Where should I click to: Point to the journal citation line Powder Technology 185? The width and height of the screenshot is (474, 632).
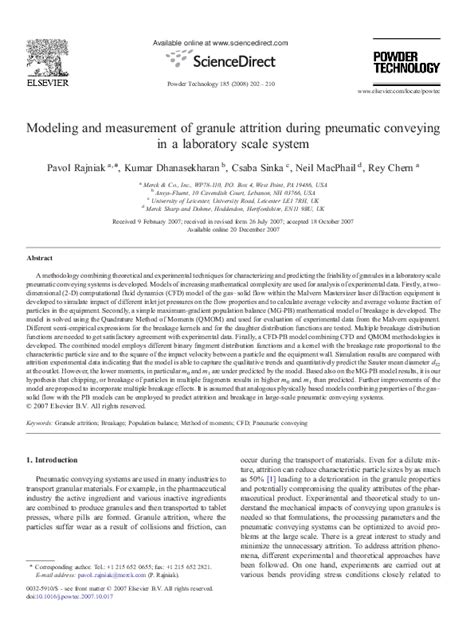(237, 77)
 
